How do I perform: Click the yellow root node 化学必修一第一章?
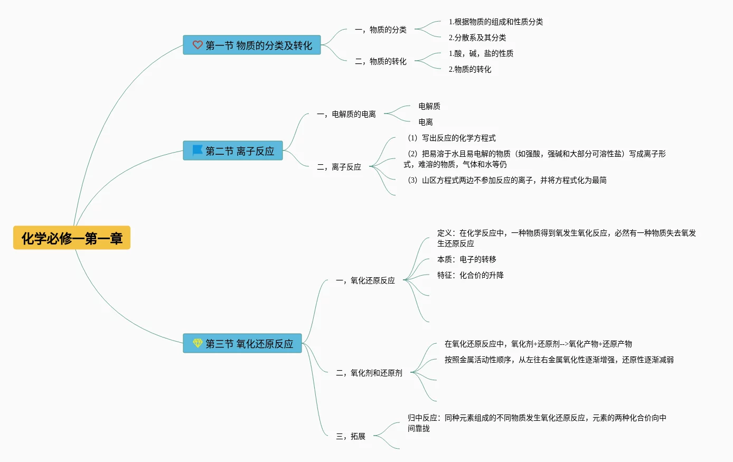72,238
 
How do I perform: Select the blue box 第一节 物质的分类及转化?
252,45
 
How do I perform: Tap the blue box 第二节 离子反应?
233,151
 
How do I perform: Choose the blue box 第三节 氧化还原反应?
242,344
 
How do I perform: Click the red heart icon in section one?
198,45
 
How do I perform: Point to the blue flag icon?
198,150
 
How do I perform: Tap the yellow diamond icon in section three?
198,344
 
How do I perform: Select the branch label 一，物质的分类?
381,30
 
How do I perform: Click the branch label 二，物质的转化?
381,61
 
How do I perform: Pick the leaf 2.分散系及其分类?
477,37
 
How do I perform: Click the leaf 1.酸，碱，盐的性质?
481,53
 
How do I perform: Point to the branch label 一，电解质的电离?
346,114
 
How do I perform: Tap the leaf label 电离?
426,122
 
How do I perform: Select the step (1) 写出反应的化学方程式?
452,138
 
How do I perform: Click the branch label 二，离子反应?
339,167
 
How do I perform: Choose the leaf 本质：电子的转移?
467,259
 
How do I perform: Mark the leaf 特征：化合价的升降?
471,275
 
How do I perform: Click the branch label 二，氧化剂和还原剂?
369,373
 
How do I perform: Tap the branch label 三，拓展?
351,436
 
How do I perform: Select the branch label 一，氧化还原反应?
365,280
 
